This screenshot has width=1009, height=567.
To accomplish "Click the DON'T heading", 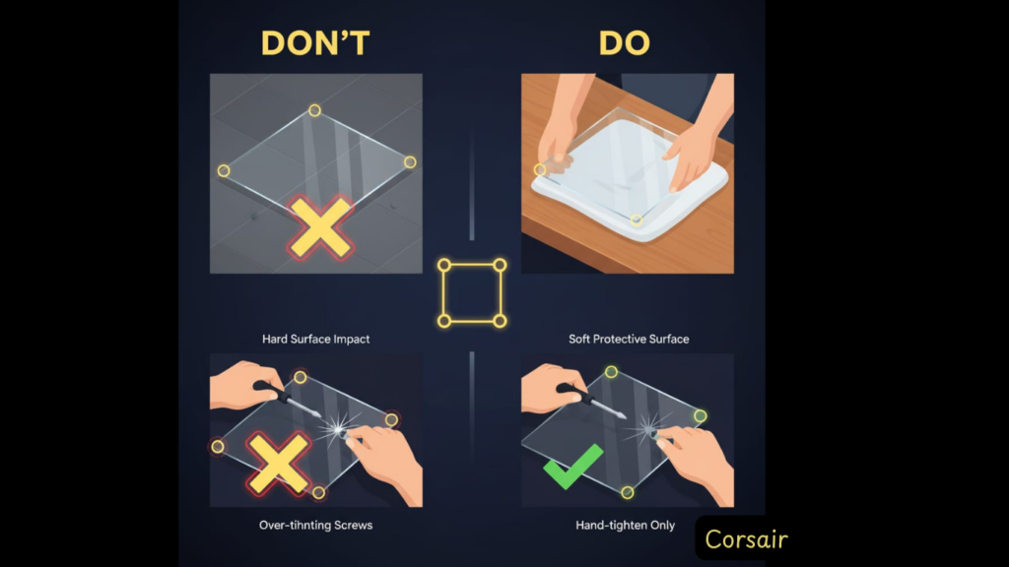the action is (315, 43).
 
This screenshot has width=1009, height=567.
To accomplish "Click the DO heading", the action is (624, 43).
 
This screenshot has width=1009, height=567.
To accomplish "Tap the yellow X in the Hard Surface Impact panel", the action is (320, 227).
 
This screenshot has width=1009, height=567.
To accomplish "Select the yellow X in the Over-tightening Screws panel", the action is (279, 464).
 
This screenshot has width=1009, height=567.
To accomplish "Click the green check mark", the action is (572, 467).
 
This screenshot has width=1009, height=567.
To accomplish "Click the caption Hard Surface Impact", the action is (315, 339).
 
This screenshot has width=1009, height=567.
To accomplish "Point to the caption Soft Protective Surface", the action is (629, 339).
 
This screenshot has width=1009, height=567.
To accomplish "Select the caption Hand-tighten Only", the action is (625, 526).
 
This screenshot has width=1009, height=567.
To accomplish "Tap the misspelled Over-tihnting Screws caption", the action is (315, 526).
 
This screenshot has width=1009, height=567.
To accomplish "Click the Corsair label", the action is (746, 539).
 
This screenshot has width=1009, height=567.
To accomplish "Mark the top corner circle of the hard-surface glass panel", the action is (314, 110).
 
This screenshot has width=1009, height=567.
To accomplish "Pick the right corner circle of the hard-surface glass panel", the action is (410, 162).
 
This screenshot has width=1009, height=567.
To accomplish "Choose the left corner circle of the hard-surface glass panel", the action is (224, 171).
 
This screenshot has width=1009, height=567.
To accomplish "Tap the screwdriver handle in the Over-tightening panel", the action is (270, 391).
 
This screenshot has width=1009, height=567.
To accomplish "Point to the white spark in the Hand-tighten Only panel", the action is (648, 427).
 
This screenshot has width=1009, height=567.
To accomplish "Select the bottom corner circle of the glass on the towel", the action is (636, 220).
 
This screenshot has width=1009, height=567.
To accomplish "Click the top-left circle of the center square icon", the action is (444, 265).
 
